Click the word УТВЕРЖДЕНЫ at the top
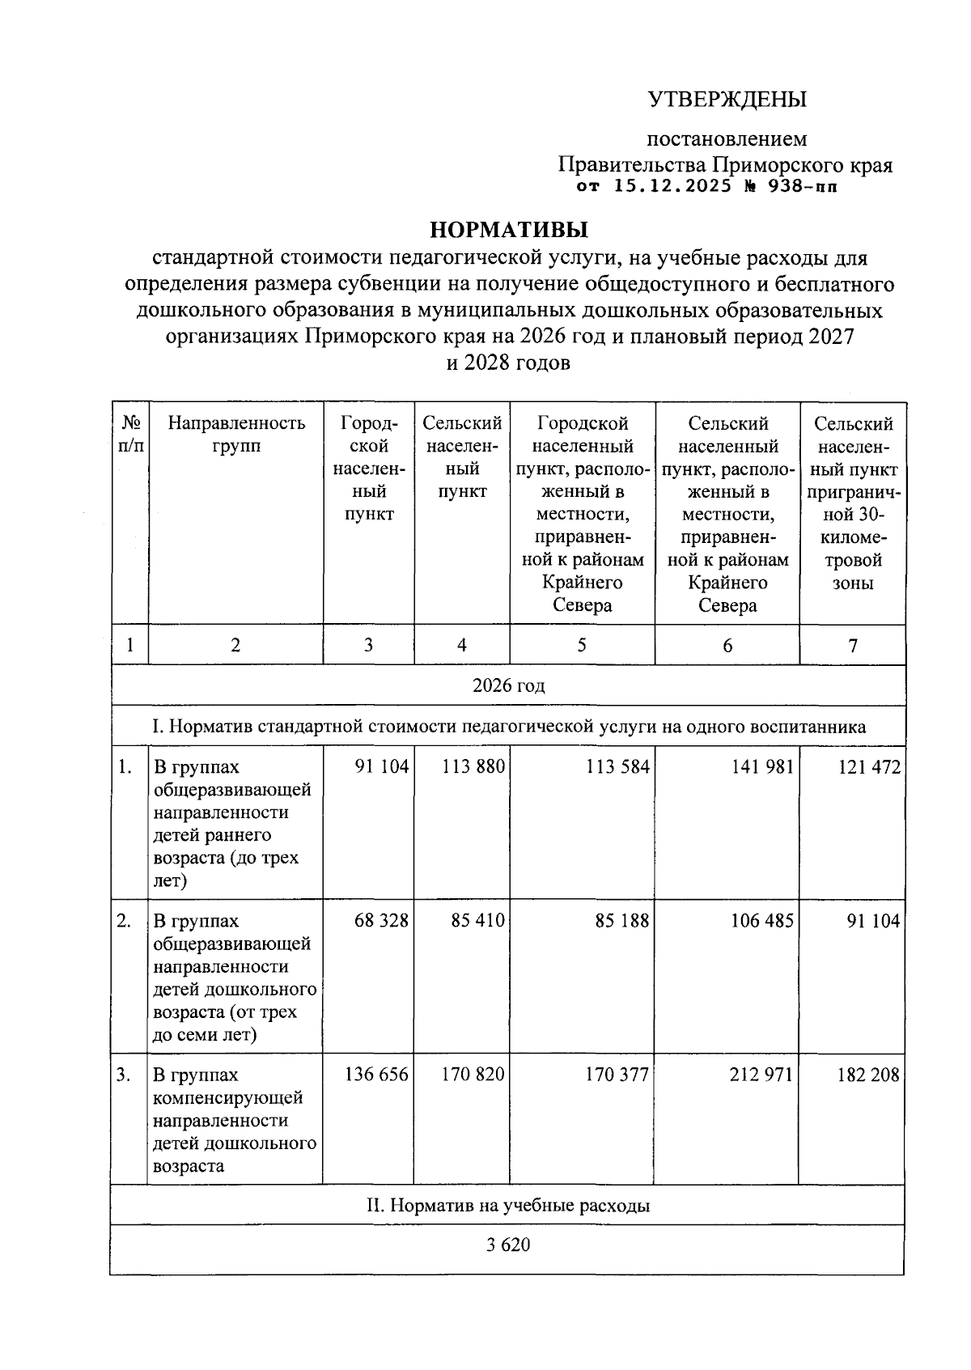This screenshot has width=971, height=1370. coord(727,100)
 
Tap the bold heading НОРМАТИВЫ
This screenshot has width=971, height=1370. coord(509,231)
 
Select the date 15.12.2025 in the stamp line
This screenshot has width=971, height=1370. coord(666,187)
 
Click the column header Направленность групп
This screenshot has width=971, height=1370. coord(235,435)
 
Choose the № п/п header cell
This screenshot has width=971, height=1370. coord(129,435)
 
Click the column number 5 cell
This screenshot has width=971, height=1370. coord(582,645)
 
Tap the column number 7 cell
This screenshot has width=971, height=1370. coord(852,645)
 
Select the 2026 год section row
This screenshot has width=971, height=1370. coord(508,685)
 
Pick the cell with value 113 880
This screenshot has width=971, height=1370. coord(473,767)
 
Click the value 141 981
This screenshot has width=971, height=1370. coord(762,767)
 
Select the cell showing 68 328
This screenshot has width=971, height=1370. coord(381,921)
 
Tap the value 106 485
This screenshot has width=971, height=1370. coord(762,921)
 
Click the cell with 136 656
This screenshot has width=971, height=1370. coord(376,1075)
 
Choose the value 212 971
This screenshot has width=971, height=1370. coord(762,1075)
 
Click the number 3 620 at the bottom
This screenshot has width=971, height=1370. coord(508,1245)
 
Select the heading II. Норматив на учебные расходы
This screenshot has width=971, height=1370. coord(508,1206)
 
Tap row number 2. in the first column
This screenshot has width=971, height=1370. coord(124,921)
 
